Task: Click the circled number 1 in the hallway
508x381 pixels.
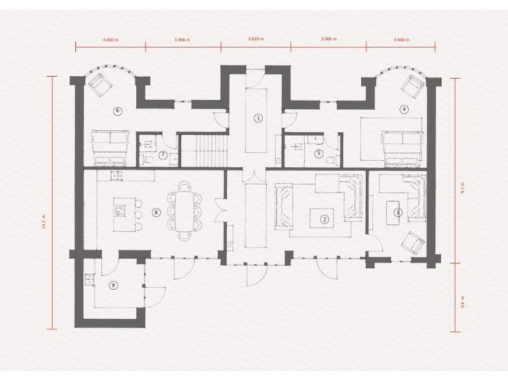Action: pos(259,118)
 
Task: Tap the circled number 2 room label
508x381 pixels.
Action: pos(324,219)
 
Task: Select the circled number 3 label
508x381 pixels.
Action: pos(398,212)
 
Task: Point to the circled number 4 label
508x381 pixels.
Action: pos(403,108)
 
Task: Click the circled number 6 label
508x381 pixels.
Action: pos(118,110)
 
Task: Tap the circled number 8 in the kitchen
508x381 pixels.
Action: pos(156,212)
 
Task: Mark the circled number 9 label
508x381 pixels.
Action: pos(113,284)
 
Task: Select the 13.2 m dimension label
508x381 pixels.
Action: pos(43,221)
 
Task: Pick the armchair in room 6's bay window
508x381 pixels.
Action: pos(101,85)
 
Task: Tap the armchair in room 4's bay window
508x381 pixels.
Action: pos(414,85)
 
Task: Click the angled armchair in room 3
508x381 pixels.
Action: pos(413,242)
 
